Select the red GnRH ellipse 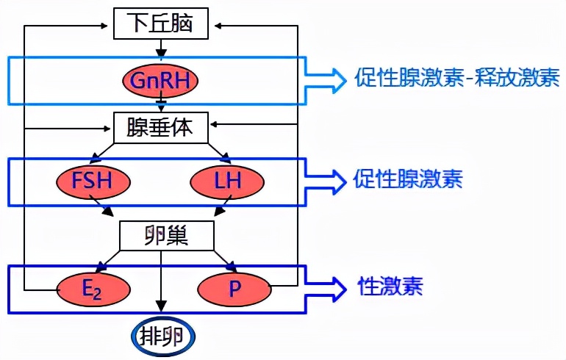(x=161, y=80)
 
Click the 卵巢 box (x=166, y=236)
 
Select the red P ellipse (x=234, y=289)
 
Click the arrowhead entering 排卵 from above (x=161, y=309)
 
